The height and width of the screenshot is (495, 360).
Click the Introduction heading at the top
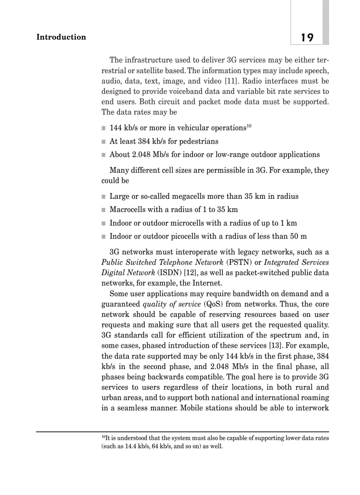pos(61,37)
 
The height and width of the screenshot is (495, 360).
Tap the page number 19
pos(307,38)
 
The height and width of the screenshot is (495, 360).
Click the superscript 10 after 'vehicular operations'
pos(248,127)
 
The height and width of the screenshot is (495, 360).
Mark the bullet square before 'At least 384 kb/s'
pos(103,142)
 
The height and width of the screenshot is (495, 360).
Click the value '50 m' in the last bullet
pos(298,236)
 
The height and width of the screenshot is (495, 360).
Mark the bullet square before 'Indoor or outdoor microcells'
pos(103,223)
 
